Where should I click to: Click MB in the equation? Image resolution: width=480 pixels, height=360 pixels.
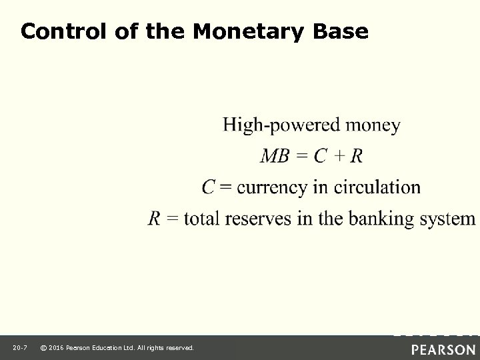coord(275,157)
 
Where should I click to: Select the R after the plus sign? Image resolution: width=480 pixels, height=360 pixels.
coord(357,157)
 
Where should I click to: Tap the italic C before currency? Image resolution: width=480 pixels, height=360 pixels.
coord(208,187)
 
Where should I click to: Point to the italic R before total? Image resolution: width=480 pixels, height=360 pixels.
coord(154,218)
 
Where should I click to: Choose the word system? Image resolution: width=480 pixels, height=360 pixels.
coord(453,218)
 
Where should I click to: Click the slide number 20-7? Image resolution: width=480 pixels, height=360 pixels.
coord(19,348)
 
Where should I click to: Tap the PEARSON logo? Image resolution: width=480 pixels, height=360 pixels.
coord(443,349)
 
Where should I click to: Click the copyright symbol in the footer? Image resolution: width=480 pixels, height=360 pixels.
coord(43,348)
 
